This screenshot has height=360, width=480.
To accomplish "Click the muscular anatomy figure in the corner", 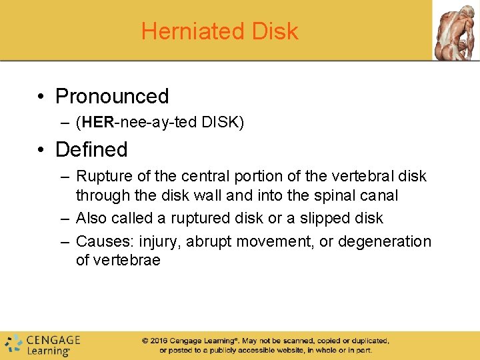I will (456, 30).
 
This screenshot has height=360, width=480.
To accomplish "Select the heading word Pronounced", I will (112, 96).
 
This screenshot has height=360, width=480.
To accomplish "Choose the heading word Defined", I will (91, 149).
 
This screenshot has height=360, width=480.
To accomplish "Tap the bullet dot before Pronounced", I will (41, 97).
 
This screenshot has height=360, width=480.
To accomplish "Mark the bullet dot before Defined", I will (41, 150).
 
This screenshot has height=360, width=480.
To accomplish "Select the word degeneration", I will (385, 241).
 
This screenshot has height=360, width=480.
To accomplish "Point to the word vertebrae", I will (118, 260).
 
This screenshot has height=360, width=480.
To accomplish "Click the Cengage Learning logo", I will (43, 344).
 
